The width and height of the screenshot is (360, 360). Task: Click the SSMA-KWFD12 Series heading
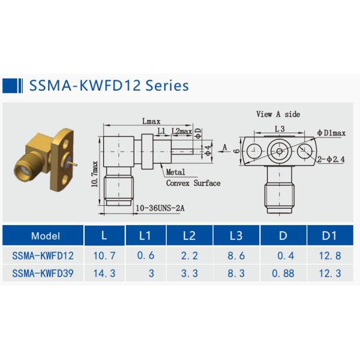point(109,85)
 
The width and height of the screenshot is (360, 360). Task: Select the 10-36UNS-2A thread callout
point(158,208)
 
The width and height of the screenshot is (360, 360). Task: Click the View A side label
point(278,114)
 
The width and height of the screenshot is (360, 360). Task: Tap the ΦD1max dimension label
point(332,132)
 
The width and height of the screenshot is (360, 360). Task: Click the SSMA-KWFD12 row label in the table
point(43,255)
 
